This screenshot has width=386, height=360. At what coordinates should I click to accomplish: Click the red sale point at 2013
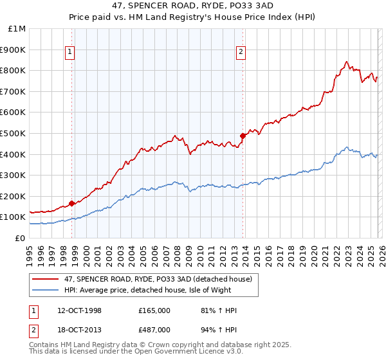click(243, 136)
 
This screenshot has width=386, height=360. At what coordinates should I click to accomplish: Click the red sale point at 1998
click(71, 203)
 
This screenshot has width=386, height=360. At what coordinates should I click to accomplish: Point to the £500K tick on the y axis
click(15, 133)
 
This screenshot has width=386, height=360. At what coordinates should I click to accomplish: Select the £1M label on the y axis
click(18, 29)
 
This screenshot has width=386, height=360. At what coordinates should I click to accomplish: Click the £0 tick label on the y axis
click(21, 238)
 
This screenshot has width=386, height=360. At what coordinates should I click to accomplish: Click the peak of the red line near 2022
click(346, 62)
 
